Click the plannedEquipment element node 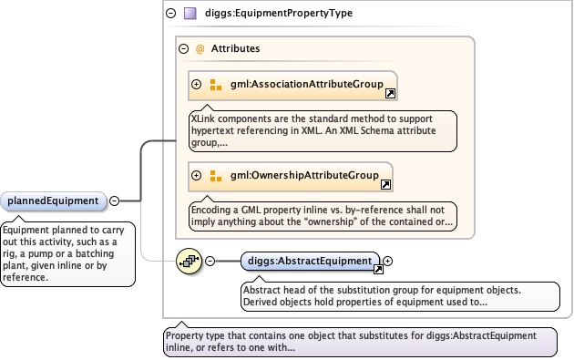54,201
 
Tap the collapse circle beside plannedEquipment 115,201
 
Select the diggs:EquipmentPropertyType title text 279,13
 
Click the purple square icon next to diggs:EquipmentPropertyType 190,14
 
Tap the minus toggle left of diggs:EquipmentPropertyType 171,14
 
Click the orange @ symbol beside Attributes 200,48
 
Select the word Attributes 235,48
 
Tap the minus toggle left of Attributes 183,48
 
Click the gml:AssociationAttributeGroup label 307,84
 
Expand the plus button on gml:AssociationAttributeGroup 197,84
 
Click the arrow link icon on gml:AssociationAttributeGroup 390,94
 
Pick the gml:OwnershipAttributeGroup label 304,175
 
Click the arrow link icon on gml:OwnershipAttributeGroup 385,185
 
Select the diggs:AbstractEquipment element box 310,262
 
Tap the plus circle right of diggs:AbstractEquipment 387,262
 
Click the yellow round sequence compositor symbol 189,262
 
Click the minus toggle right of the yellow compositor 210,262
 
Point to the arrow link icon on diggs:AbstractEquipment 378,270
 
